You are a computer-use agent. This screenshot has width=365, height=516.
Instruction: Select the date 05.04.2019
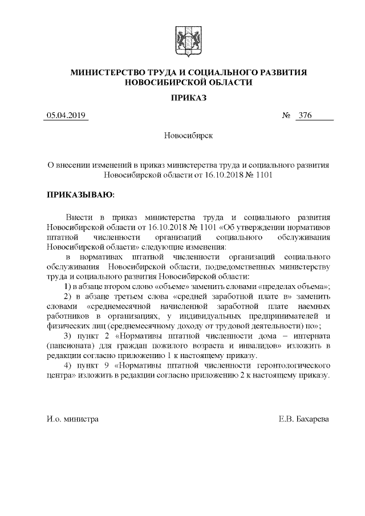point(66,116)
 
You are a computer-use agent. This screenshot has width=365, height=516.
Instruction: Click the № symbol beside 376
point(287,116)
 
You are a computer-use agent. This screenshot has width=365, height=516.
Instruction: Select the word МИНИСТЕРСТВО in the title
point(112,72)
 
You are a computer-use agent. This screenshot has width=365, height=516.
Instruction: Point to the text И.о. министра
point(72,419)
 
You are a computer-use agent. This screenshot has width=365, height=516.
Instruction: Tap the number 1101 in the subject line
point(262,176)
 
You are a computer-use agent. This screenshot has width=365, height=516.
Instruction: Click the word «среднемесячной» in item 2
point(108,306)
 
